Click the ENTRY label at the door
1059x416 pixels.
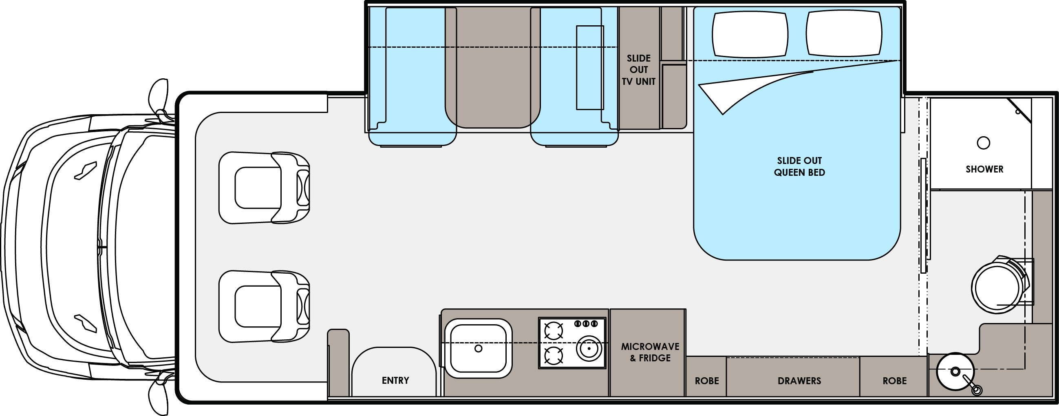pyautogui.click(x=395, y=380)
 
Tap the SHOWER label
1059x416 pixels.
pyautogui.click(x=984, y=169)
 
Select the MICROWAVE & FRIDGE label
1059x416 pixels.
pyautogui.click(x=650, y=352)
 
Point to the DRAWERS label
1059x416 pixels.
pyautogui.click(x=799, y=381)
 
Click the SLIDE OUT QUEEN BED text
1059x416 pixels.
pyautogui.click(x=799, y=167)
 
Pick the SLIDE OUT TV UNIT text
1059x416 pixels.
pyautogui.click(x=638, y=70)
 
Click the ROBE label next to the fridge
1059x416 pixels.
pyautogui.click(x=707, y=381)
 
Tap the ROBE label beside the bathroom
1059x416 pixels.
pyautogui.click(x=895, y=381)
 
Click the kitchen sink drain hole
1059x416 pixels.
pyautogui.click(x=478, y=349)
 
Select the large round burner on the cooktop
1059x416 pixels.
pyautogui.click(x=589, y=349)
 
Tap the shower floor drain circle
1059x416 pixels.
pyautogui.click(x=983, y=143)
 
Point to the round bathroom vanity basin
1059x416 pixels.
pyautogui.click(x=955, y=371)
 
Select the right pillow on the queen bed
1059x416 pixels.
pyautogui.click(x=844, y=33)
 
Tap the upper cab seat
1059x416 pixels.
pyautogui.click(x=264, y=188)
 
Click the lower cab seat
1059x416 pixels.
pyautogui.click(x=264, y=306)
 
